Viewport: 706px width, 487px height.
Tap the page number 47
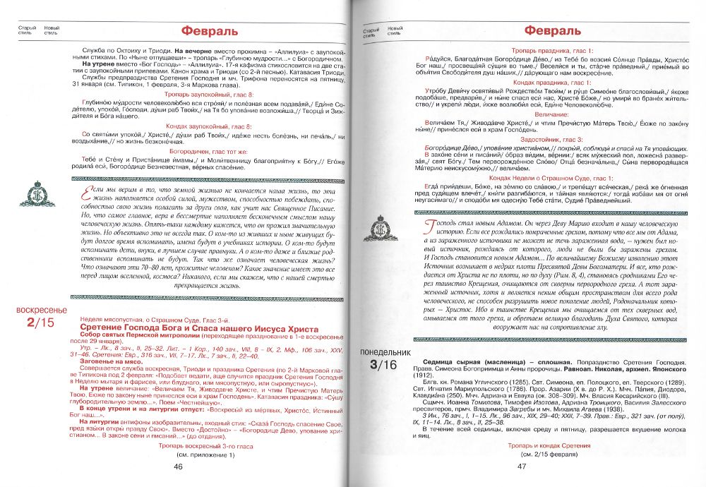click(x=523, y=466)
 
